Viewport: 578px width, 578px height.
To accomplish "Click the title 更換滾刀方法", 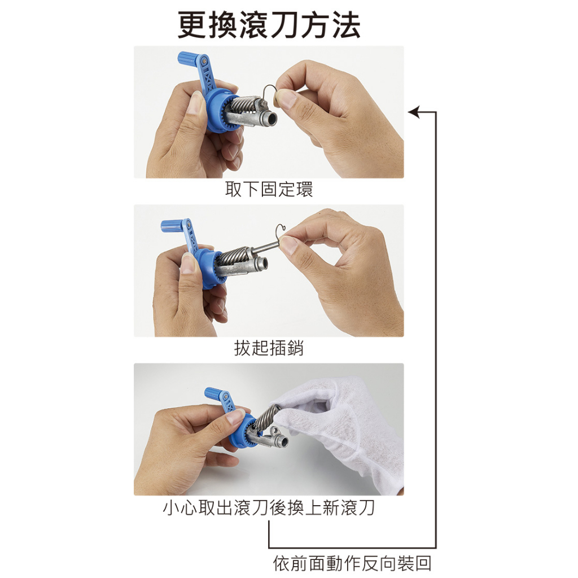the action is pyautogui.click(x=269, y=25).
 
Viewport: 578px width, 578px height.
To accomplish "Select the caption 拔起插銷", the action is pyautogui.click(x=269, y=348).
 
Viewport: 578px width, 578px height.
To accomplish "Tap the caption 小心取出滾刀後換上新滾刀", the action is pyautogui.click(x=269, y=507).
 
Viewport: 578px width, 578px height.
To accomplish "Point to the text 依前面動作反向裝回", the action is pyautogui.click(x=352, y=564).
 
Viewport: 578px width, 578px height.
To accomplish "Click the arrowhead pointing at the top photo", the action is pyautogui.click(x=414, y=112).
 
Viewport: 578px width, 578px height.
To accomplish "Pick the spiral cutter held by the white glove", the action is pyautogui.click(x=267, y=417).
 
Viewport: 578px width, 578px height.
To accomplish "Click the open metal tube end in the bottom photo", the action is pyautogui.click(x=283, y=441).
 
